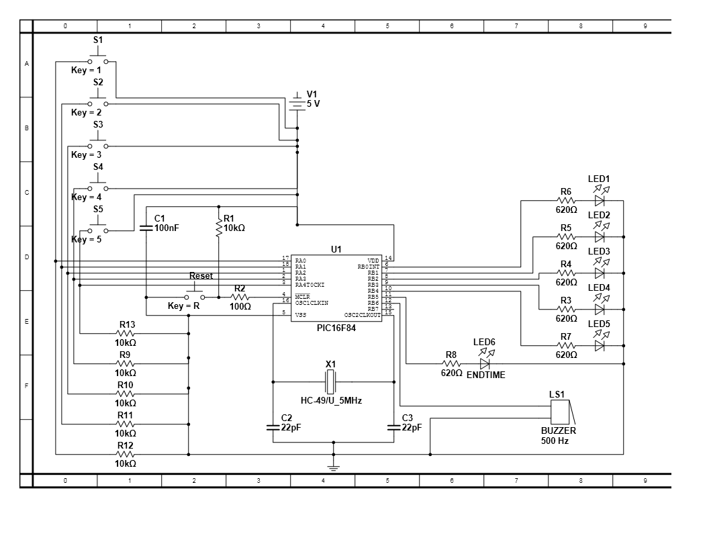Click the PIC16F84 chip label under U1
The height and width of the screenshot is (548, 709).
point(336,328)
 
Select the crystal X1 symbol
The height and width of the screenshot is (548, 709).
point(330,381)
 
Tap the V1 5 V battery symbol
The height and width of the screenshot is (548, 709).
point(297,103)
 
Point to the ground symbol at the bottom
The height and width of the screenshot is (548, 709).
point(334,467)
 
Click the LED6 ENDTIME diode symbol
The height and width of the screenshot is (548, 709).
point(485,363)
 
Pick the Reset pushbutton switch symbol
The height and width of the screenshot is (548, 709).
point(195,295)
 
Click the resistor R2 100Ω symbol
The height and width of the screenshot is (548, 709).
point(240,297)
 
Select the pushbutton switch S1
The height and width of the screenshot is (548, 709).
point(98,60)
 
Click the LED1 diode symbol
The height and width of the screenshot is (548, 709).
point(600,200)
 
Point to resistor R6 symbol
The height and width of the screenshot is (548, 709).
point(566,200)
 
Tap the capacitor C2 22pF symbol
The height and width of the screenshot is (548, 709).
point(273,426)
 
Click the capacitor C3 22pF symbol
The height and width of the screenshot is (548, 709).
point(394,426)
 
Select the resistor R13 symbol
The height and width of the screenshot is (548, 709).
point(126,333)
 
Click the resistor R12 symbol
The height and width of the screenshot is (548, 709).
point(126,454)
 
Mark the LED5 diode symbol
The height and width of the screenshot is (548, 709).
point(600,345)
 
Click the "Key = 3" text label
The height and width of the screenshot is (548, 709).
point(86,154)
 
